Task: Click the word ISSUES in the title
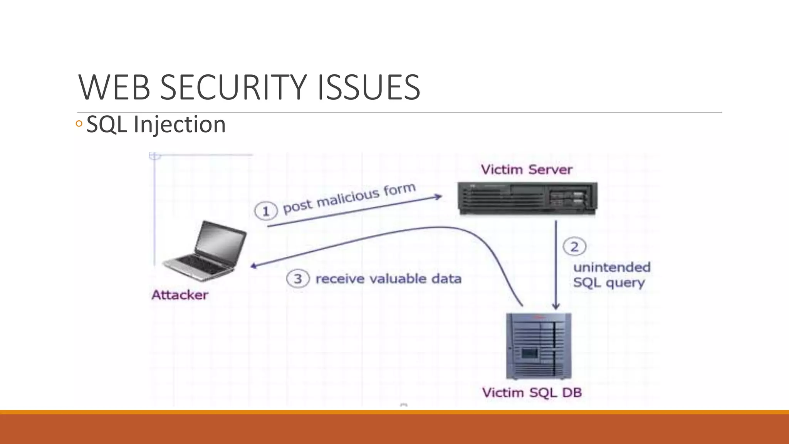369,87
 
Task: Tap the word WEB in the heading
114,87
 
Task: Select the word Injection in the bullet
180,124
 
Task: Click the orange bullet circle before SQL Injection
79,124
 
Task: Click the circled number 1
266,211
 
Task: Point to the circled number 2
574,247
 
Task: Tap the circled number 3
298,279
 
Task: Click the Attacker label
180,295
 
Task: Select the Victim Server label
527,170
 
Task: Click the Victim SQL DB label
532,393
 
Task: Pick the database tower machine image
539,346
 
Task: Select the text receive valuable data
388,279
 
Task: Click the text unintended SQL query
611,275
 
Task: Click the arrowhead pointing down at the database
556,306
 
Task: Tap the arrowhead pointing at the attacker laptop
254,266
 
